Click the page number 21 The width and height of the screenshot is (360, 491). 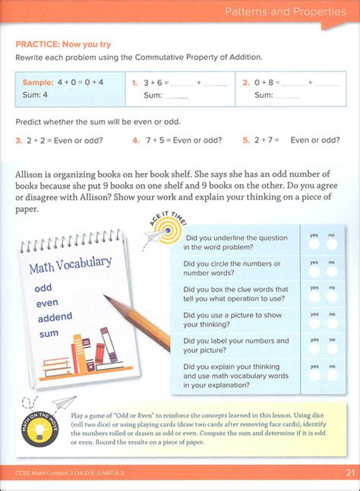point(349,474)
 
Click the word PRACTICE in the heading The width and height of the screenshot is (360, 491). point(39,44)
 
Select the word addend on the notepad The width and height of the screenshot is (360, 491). point(53,316)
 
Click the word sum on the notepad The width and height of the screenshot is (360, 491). point(49,332)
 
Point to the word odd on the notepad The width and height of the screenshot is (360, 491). point(43,288)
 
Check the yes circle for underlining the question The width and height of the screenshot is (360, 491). point(313,244)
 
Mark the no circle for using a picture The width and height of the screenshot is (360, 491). point(332,323)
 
